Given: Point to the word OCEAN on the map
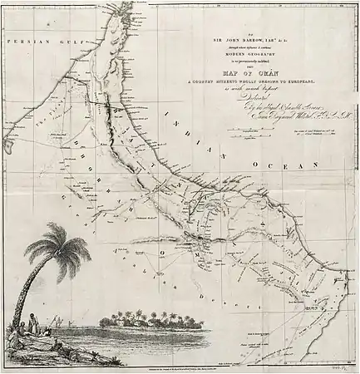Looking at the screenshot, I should tap(292, 163).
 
